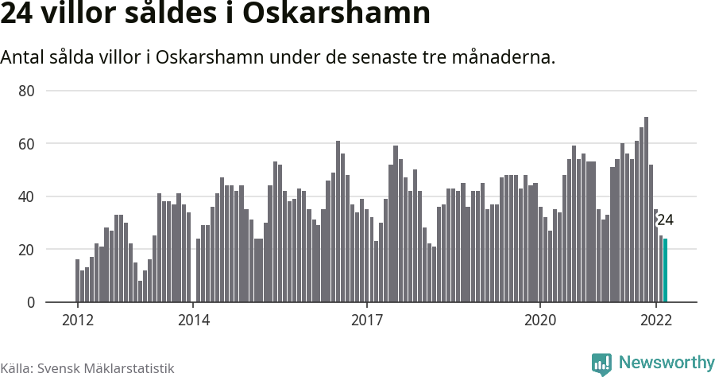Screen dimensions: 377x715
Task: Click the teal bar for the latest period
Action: click(x=666, y=270)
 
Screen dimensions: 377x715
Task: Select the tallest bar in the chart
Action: click(x=647, y=210)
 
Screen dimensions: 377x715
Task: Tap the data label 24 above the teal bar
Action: click(x=665, y=220)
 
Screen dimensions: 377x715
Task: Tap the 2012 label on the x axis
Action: click(x=77, y=321)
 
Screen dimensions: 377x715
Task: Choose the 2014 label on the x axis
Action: click(x=193, y=321)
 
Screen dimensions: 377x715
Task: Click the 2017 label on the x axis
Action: click(x=366, y=321)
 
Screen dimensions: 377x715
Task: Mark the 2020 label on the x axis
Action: click(x=540, y=321)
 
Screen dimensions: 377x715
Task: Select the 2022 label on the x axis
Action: click(x=656, y=321)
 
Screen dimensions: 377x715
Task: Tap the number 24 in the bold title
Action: click(x=17, y=14)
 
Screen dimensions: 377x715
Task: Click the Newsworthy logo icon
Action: click(x=602, y=363)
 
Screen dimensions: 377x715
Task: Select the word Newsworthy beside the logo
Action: click(x=666, y=363)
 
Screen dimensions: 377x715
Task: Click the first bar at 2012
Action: click(x=78, y=281)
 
